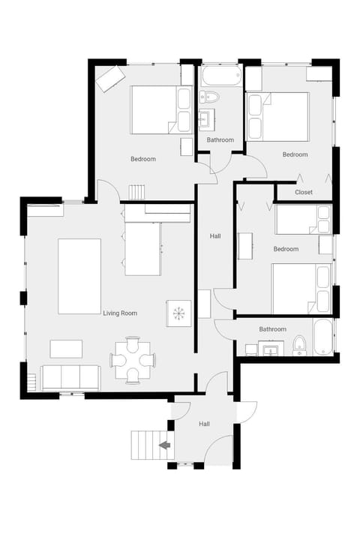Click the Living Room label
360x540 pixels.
pyautogui.click(x=120, y=313)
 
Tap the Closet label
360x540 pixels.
pyautogui.click(x=304, y=192)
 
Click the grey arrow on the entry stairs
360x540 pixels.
pyautogui.click(x=165, y=445)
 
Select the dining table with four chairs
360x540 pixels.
pyautogui.click(x=133, y=360)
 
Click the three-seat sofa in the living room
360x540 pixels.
pyautogui.click(x=70, y=378)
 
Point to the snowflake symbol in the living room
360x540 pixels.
pyautogui.click(x=178, y=313)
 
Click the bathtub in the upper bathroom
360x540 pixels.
pyautogui.click(x=221, y=75)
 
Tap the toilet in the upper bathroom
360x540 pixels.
pyautogui.click(x=209, y=97)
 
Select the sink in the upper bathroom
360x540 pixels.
pyautogui.click(x=207, y=120)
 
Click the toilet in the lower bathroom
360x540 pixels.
pyautogui.click(x=299, y=345)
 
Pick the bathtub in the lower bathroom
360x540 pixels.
pyautogui.click(x=323, y=337)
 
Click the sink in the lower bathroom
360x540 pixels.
pyautogui.click(x=271, y=349)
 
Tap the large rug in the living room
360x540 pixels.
pyautogui.click(x=79, y=277)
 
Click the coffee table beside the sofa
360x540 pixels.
pyautogui.click(x=66, y=349)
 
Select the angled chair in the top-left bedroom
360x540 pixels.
pyautogui.click(x=110, y=79)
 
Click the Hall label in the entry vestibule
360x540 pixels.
pyautogui.click(x=204, y=424)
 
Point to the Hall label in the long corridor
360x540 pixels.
pyautogui.click(x=215, y=236)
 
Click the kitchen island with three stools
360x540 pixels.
pyautogui.click(x=142, y=249)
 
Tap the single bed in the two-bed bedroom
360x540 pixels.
pyautogui.click(x=304, y=219)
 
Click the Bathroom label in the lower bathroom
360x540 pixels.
pyautogui.click(x=272, y=329)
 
